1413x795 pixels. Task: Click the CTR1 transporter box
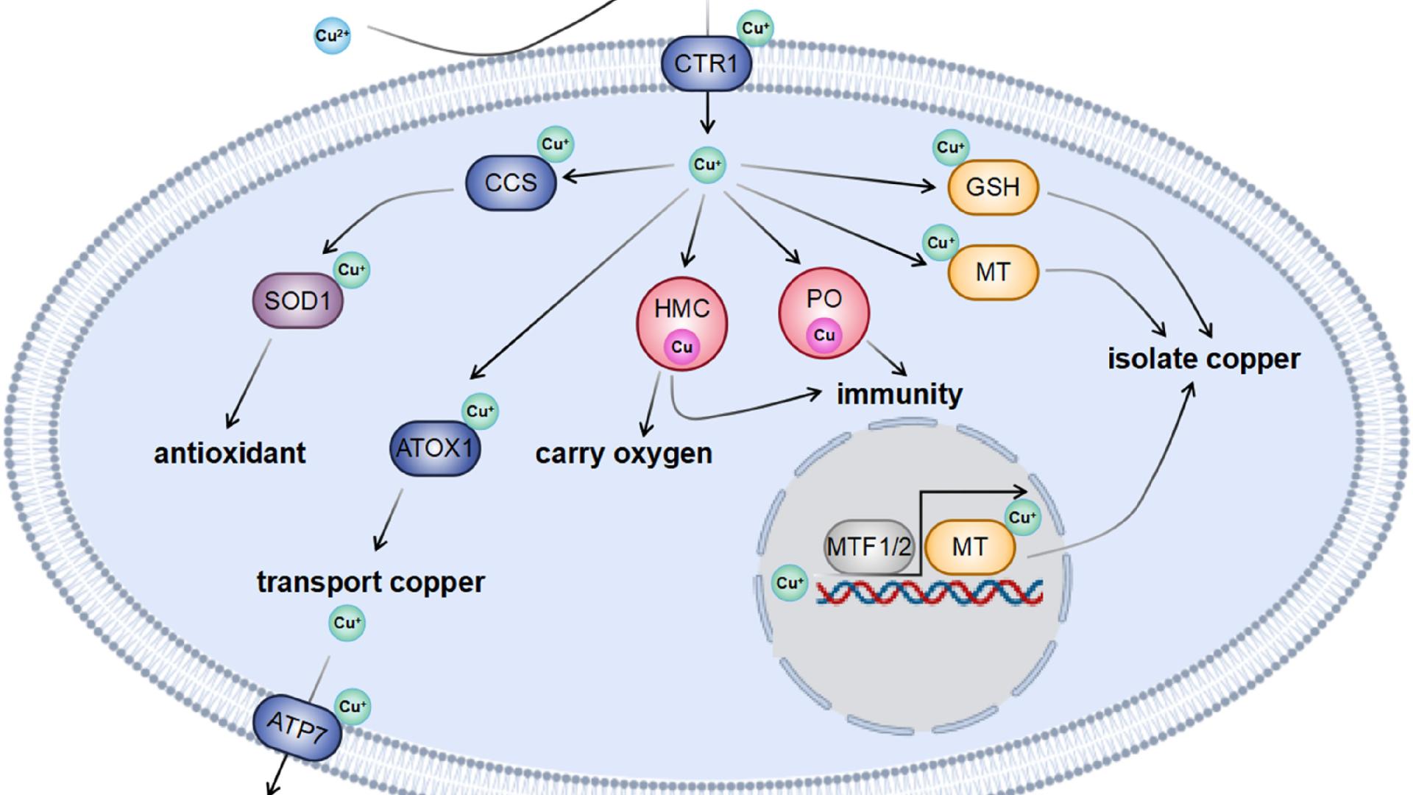coord(706,63)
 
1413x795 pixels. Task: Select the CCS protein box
coord(511,183)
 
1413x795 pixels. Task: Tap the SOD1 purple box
coord(298,300)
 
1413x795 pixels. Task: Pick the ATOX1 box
coord(434,448)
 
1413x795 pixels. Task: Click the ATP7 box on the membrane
coord(297,727)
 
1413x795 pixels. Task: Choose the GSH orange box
coord(993,187)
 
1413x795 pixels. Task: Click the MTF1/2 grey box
coord(868,547)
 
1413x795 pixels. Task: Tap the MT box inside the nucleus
coord(969,547)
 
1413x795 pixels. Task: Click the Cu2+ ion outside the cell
coord(332,35)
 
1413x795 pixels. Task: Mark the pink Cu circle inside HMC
coord(682,347)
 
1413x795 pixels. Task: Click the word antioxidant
coord(230,453)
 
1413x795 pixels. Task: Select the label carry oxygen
coord(623,453)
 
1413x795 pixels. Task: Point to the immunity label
coord(899,394)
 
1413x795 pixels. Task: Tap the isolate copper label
coord(1204,359)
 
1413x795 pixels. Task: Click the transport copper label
coord(370,582)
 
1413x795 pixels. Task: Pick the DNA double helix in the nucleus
coord(929,593)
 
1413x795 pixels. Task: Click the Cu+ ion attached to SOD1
coord(352,270)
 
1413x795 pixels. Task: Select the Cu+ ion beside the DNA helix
coord(790,583)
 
